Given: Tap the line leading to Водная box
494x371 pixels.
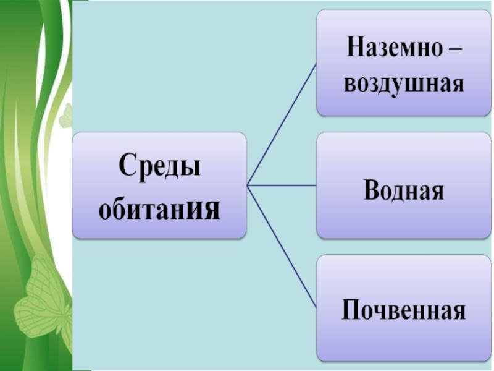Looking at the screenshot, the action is (x=281, y=184).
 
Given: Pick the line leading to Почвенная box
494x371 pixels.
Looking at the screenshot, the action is (x=281, y=245).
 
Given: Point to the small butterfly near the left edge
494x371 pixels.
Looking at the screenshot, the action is (x=65, y=116).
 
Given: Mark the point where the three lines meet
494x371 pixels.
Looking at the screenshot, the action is (x=247, y=184).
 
